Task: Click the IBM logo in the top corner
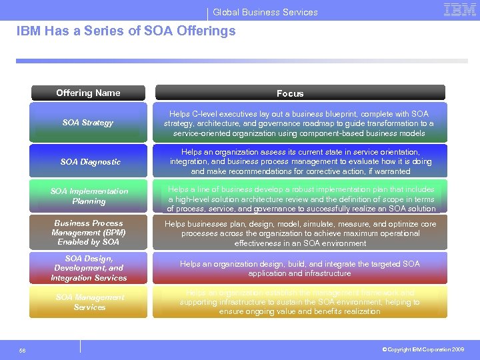pos(459,10)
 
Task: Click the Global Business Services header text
pos(265,12)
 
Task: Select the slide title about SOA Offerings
pos(126,31)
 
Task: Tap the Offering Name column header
pos(88,93)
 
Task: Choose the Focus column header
pos(290,93)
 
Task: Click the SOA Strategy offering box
pos(88,122)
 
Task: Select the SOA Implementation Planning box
pos(88,196)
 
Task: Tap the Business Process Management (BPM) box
pos(88,232)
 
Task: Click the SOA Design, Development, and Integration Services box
pos(88,268)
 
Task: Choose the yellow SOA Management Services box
pos(88,302)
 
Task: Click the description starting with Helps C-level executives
pos(299,123)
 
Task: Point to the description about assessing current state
pos(299,161)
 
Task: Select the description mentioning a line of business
pos(299,199)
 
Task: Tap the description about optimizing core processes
pos(299,233)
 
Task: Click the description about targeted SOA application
pos(299,269)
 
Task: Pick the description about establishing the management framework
pos(299,302)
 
